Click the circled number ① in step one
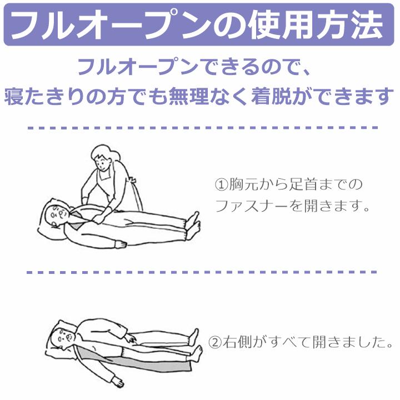(221, 184)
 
